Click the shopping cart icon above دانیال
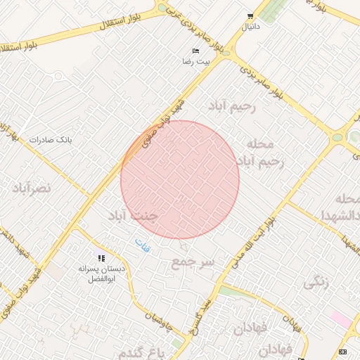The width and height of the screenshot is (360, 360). tap(250, 16)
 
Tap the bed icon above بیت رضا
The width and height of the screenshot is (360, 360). tap(196, 51)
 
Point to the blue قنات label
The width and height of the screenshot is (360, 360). tap(142, 243)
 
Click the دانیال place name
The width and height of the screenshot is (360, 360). tap(250, 27)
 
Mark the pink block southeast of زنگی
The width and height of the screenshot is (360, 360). tap(341, 319)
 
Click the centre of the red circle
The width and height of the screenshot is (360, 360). tap(180, 179)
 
